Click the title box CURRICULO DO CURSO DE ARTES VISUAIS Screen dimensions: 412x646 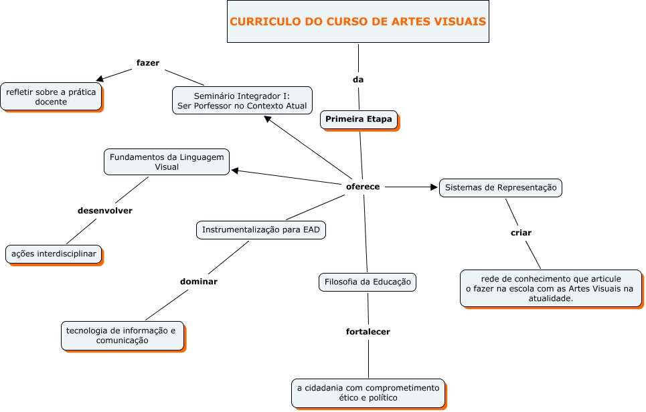click(x=357, y=21)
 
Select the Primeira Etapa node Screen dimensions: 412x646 click(x=358, y=119)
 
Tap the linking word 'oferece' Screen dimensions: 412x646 click(x=363, y=187)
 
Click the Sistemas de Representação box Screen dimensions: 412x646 click(x=500, y=188)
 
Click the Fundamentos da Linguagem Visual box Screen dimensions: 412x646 click(x=166, y=162)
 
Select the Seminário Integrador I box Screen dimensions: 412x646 click(x=242, y=100)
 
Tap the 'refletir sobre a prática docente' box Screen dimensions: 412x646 click(x=51, y=96)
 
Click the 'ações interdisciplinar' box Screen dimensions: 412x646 click(x=54, y=254)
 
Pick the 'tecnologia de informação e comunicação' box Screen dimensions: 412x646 click(x=122, y=336)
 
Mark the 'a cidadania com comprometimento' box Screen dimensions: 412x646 click(x=368, y=393)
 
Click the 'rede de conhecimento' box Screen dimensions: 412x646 click(x=550, y=288)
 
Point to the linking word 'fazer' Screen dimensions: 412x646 click(x=147, y=63)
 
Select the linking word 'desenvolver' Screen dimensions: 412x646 click(x=105, y=211)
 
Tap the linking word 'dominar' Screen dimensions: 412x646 click(x=199, y=282)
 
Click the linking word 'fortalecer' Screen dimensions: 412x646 click(x=368, y=331)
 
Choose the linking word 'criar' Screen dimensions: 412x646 click(x=521, y=233)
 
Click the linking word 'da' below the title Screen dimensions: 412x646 click(x=358, y=80)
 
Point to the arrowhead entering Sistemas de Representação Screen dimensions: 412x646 click(x=433, y=187)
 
